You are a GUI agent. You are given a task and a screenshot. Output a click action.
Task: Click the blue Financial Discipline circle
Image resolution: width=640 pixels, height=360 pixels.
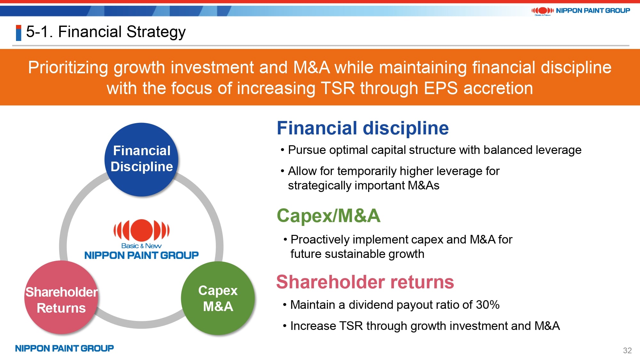pos(141,159)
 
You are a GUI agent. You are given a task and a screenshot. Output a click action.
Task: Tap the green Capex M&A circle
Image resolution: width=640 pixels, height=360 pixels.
pos(218,298)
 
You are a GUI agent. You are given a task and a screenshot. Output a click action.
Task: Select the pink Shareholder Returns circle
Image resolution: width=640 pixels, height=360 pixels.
pos(61,298)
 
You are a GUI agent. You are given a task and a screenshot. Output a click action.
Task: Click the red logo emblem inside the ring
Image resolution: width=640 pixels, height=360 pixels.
pos(141,230)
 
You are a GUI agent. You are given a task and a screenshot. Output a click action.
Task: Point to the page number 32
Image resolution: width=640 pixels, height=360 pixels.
pos(627,350)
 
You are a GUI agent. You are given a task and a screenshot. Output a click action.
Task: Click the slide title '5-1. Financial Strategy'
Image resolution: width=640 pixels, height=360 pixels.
pos(106,32)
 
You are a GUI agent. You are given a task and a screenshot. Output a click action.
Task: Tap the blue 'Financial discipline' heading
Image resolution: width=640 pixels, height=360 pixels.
pos(363,128)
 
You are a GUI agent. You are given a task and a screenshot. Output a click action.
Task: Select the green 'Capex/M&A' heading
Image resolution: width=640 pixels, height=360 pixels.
pos(329,215)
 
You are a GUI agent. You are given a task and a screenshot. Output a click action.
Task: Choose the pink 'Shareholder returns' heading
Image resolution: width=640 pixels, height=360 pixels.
pos(365,282)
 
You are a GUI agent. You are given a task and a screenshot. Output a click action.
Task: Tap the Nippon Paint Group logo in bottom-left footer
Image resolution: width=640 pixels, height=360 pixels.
pos(64,348)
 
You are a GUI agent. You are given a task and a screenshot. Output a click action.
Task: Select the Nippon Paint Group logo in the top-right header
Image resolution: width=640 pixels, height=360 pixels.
pos(580,11)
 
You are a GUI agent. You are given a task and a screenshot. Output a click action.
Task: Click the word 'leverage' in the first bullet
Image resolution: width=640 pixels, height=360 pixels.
pos(559,150)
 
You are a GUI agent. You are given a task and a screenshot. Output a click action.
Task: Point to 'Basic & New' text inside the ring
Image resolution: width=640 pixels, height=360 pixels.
pos(141,246)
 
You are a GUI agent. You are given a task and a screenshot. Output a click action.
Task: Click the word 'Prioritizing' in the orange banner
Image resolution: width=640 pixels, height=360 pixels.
pos(68,68)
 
